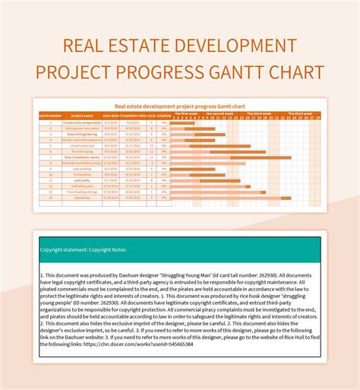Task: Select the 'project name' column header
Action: click(81, 116)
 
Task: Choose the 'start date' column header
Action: click(110, 116)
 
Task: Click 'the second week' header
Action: click(223, 113)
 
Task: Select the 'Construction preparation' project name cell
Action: click(81, 122)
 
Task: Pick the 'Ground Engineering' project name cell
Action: click(81, 134)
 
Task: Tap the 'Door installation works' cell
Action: click(81, 157)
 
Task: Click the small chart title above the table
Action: click(179, 106)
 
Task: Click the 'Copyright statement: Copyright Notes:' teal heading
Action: click(84, 249)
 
